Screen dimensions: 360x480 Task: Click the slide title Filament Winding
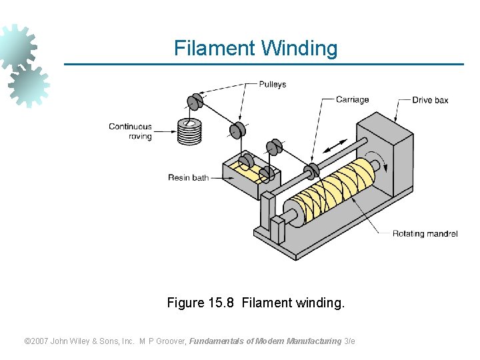pyautogui.click(x=255, y=48)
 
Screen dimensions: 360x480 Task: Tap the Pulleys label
pyautogui.click(x=272, y=85)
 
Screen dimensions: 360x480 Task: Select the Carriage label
pyautogui.click(x=352, y=100)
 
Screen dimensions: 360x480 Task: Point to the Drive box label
pyautogui.click(x=430, y=100)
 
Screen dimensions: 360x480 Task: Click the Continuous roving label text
pyautogui.click(x=131, y=131)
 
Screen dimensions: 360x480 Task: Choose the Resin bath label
pyautogui.click(x=188, y=178)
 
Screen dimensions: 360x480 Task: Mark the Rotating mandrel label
pyautogui.click(x=425, y=234)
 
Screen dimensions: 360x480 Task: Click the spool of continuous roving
pyautogui.click(x=189, y=131)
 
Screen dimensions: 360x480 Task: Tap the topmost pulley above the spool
pyautogui.click(x=195, y=102)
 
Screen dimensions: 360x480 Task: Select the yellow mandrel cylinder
pyautogui.click(x=340, y=191)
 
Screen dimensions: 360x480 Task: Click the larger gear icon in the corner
pyautogui.click(x=17, y=47)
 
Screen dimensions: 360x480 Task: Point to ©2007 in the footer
pyautogui.click(x=37, y=341)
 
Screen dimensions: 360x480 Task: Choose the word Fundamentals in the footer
pyautogui.click(x=217, y=341)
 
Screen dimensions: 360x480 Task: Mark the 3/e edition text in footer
pyautogui.click(x=349, y=341)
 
